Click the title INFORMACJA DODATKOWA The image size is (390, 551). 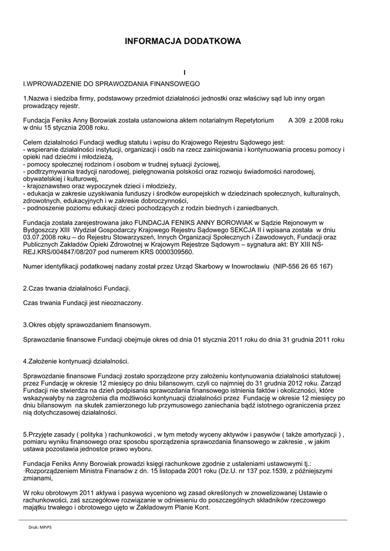[183, 41]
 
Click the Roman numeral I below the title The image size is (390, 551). [184, 72]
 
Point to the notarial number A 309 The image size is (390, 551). [297, 121]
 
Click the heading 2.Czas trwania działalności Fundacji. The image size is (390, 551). [76, 288]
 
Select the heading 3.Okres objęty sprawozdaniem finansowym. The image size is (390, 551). [87, 325]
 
